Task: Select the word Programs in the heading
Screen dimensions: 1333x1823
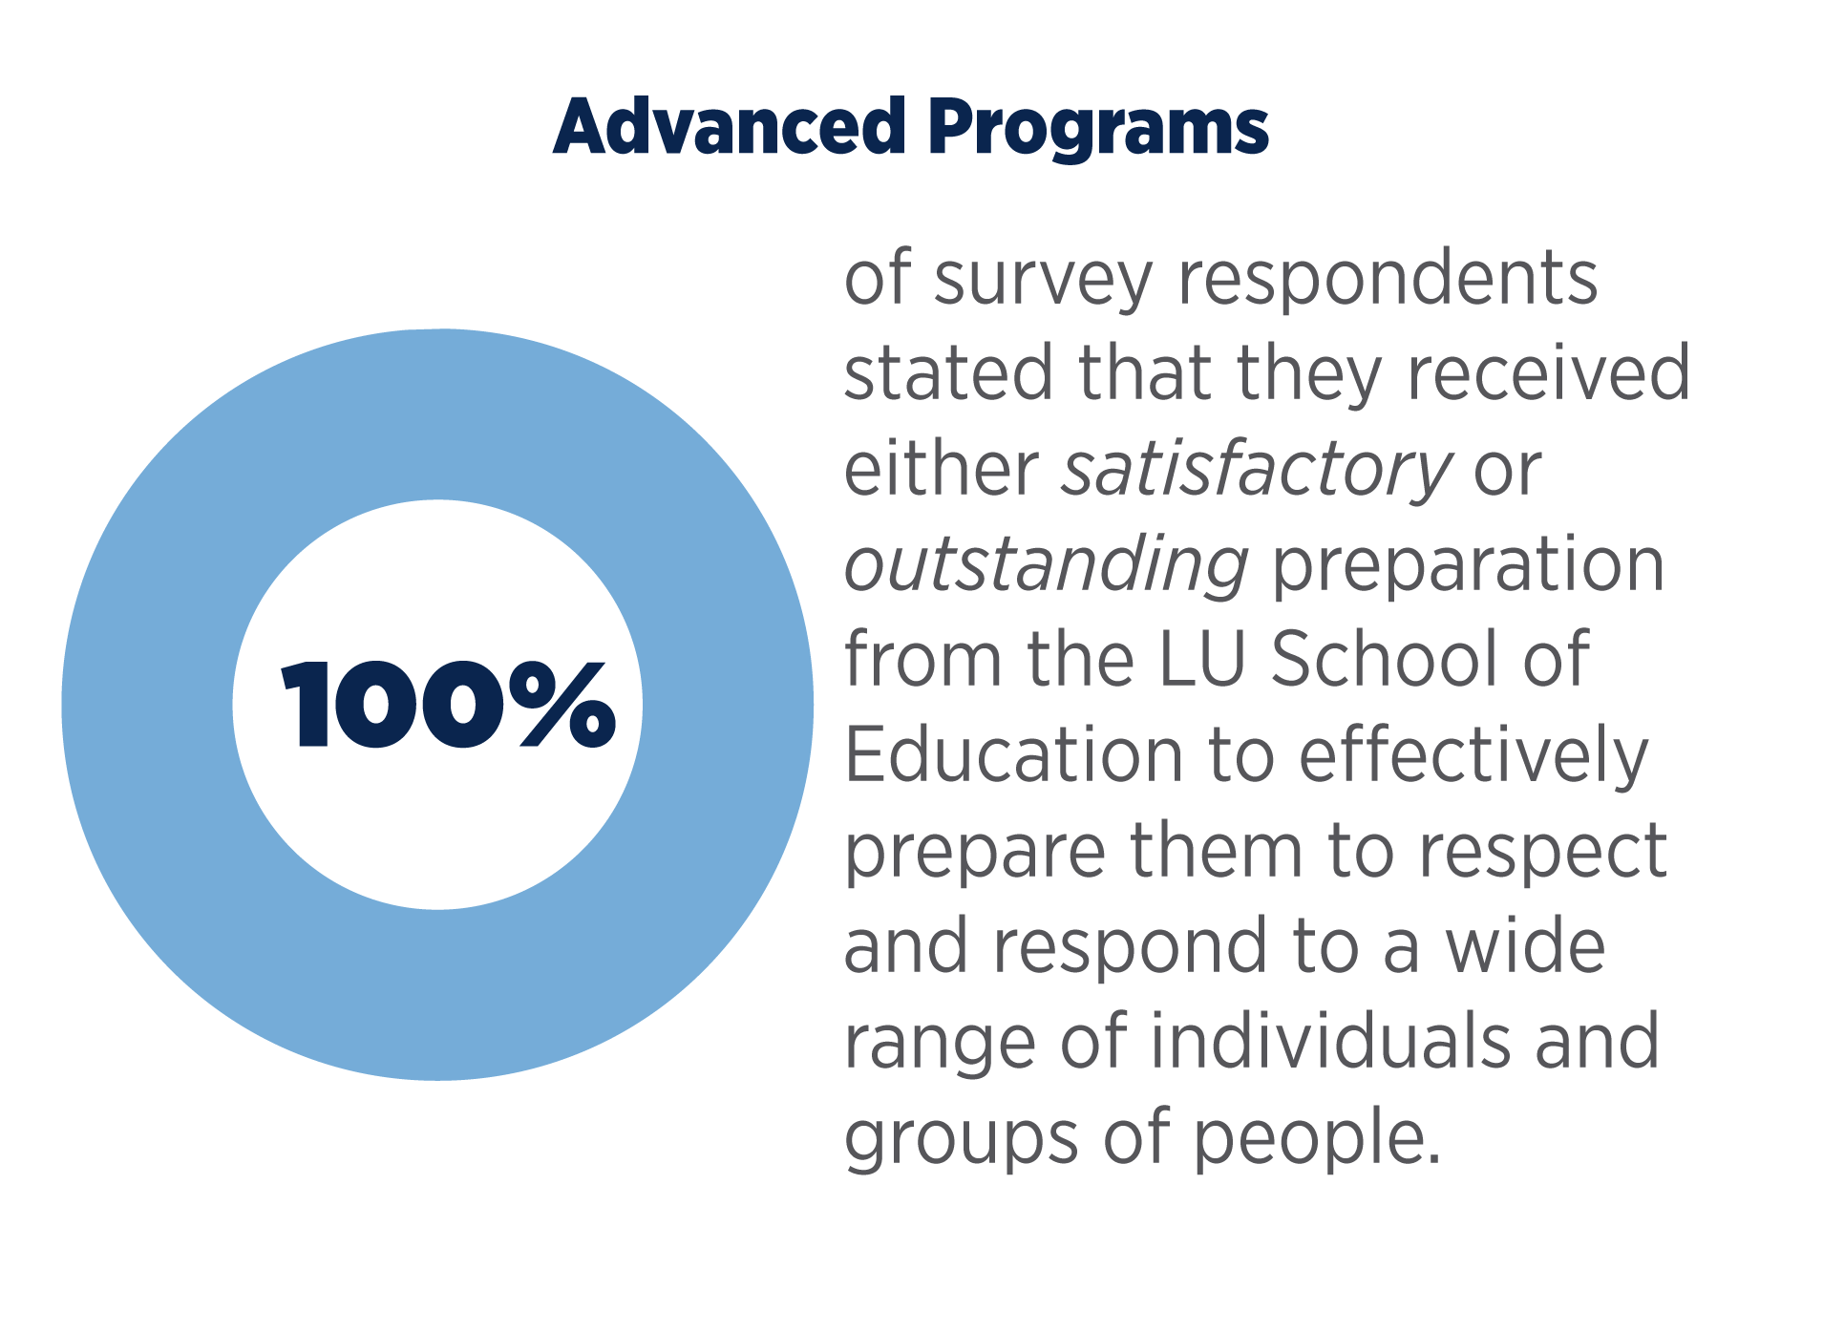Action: pyautogui.click(x=1097, y=129)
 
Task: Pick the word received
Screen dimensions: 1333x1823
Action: pyautogui.click(x=1548, y=373)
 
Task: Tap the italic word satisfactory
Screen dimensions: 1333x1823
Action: pyautogui.click(x=1256, y=471)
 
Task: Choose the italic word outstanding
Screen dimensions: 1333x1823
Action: pyautogui.click(x=1046, y=566)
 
